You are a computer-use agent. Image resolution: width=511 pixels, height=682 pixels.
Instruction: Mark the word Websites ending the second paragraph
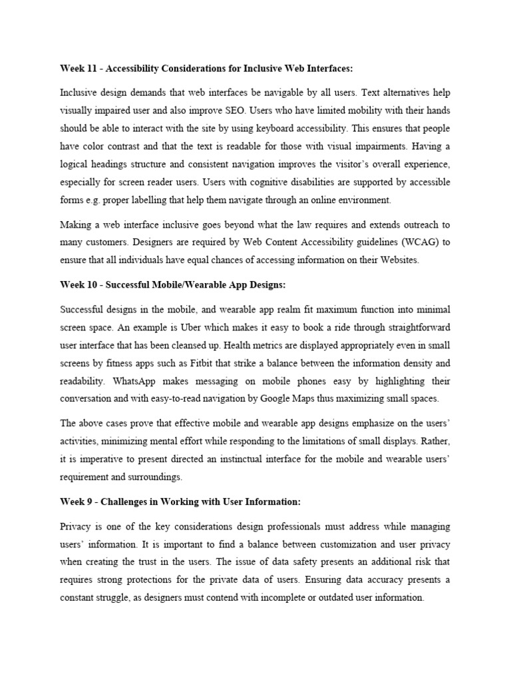(397, 260)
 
